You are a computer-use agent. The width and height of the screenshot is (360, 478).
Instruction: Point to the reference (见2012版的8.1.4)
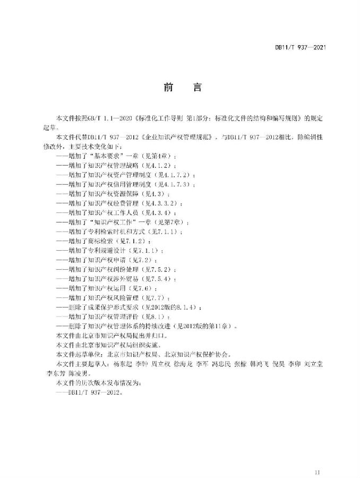(169, 308)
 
